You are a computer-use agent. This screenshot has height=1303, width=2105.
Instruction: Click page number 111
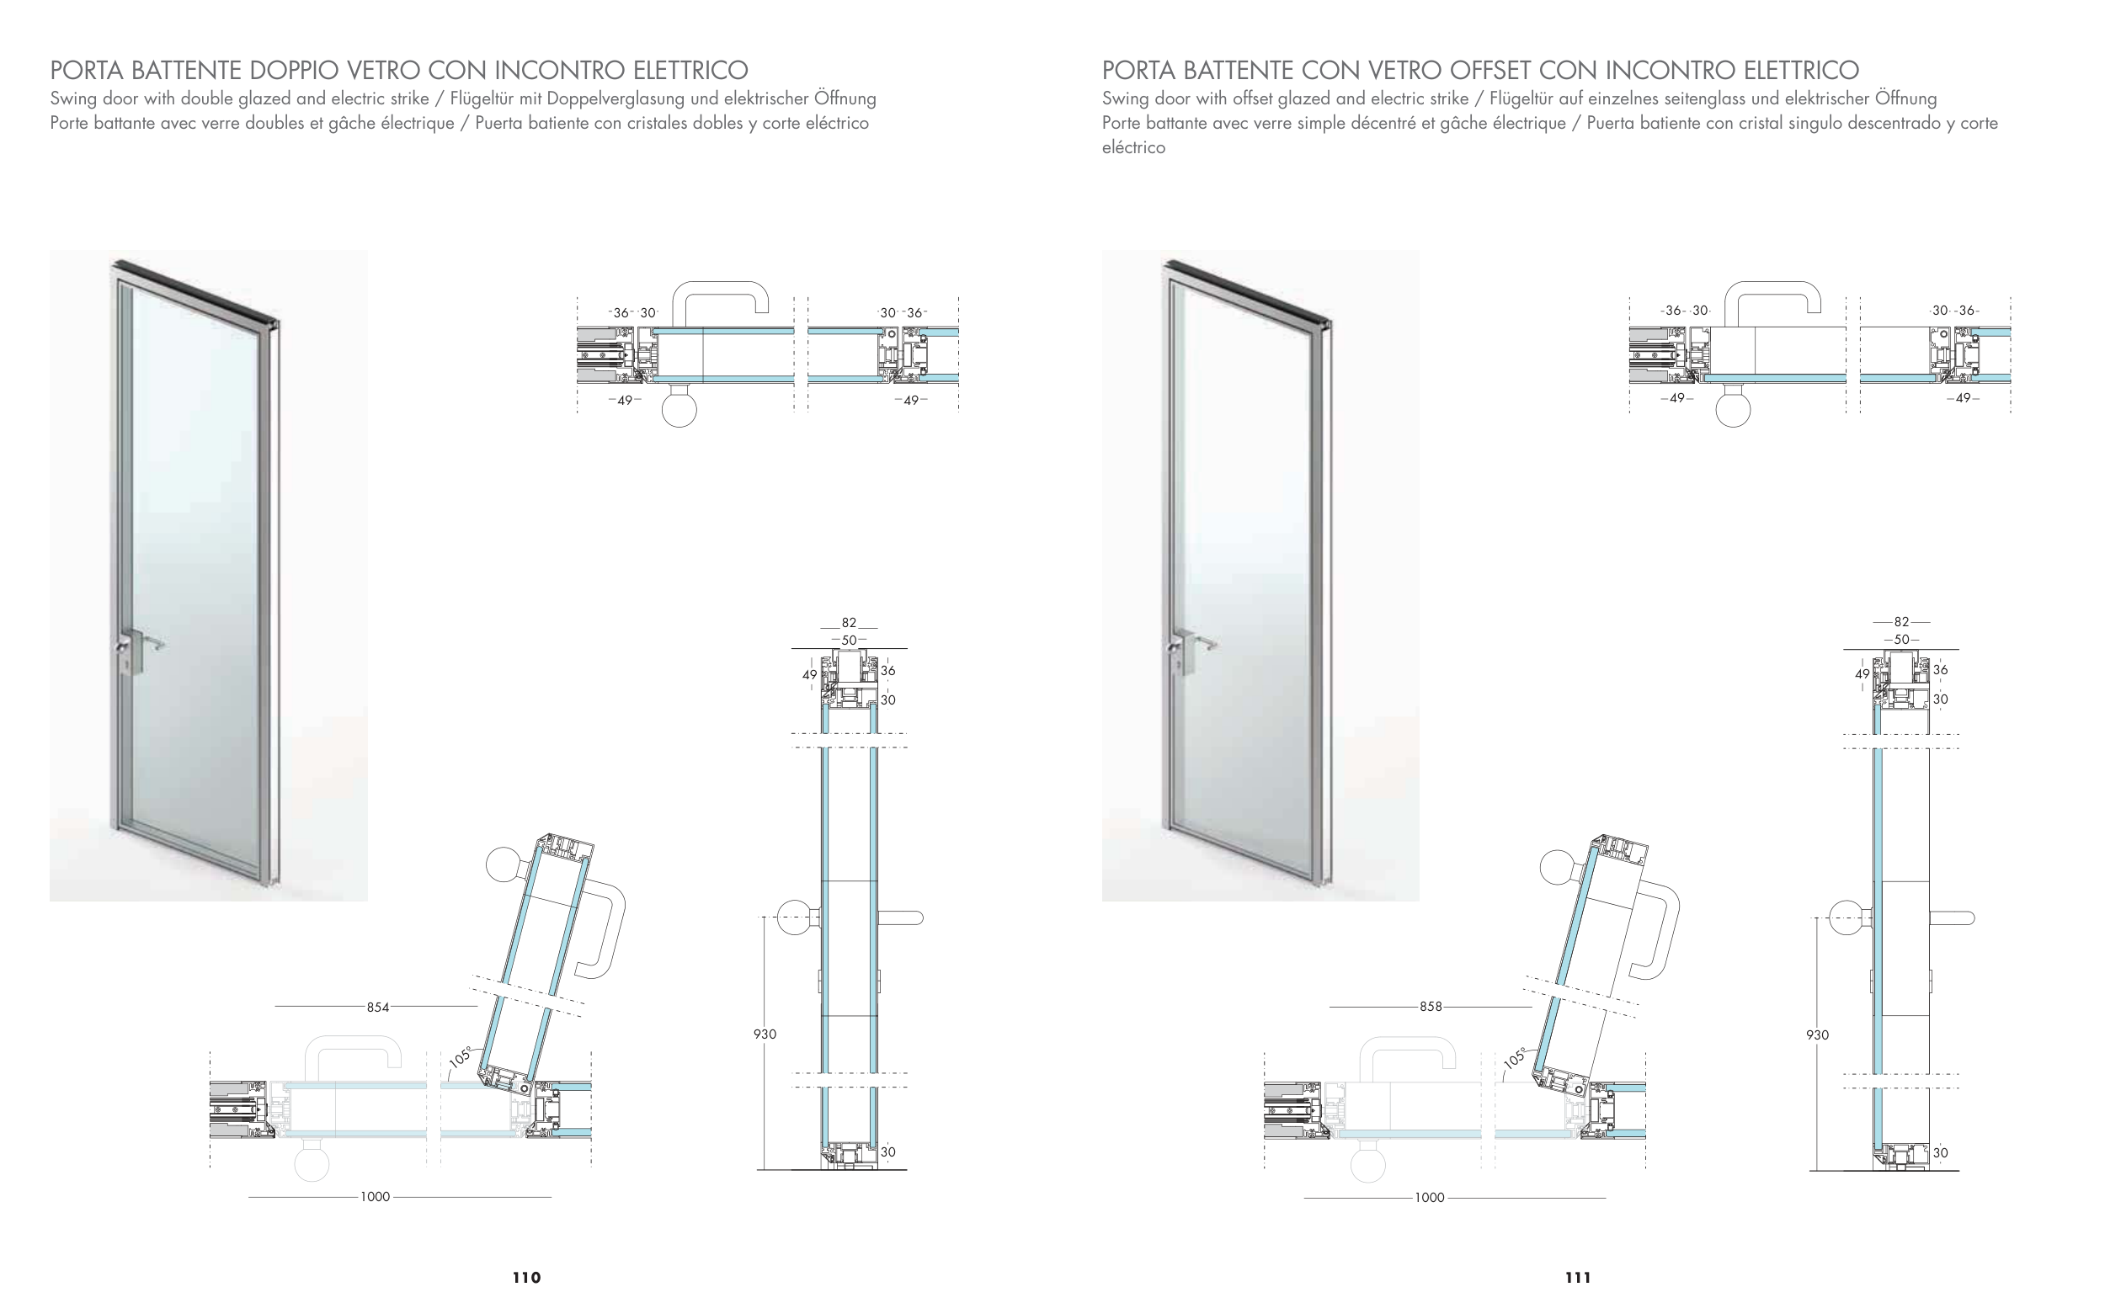coord(1578,1277)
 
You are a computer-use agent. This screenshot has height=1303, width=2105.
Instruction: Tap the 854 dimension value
coord(377,1007)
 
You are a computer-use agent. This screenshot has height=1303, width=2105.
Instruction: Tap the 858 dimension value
coord(1430,1007)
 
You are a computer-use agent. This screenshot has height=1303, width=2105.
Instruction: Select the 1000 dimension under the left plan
coord(375,1197)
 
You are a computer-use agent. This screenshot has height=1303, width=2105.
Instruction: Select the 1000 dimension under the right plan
coord(1429,1198)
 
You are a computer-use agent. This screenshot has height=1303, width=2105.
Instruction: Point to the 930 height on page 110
coord(765,1034)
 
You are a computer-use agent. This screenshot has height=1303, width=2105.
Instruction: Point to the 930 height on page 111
coord(1817,1035)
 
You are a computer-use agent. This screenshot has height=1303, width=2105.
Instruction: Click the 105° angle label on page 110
coord(461,1057)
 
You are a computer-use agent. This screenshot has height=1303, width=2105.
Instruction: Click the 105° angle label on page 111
coord(1515,1057)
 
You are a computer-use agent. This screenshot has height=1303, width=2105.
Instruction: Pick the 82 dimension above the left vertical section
coord(849,622)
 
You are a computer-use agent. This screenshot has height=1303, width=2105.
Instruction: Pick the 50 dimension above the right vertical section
coord(1900,640)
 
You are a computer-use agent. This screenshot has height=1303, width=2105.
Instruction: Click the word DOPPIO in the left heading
coord(295,70)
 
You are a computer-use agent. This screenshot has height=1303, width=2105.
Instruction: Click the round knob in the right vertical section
coord(1846,917)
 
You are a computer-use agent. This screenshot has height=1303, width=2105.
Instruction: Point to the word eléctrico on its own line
coord(1133,147)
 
